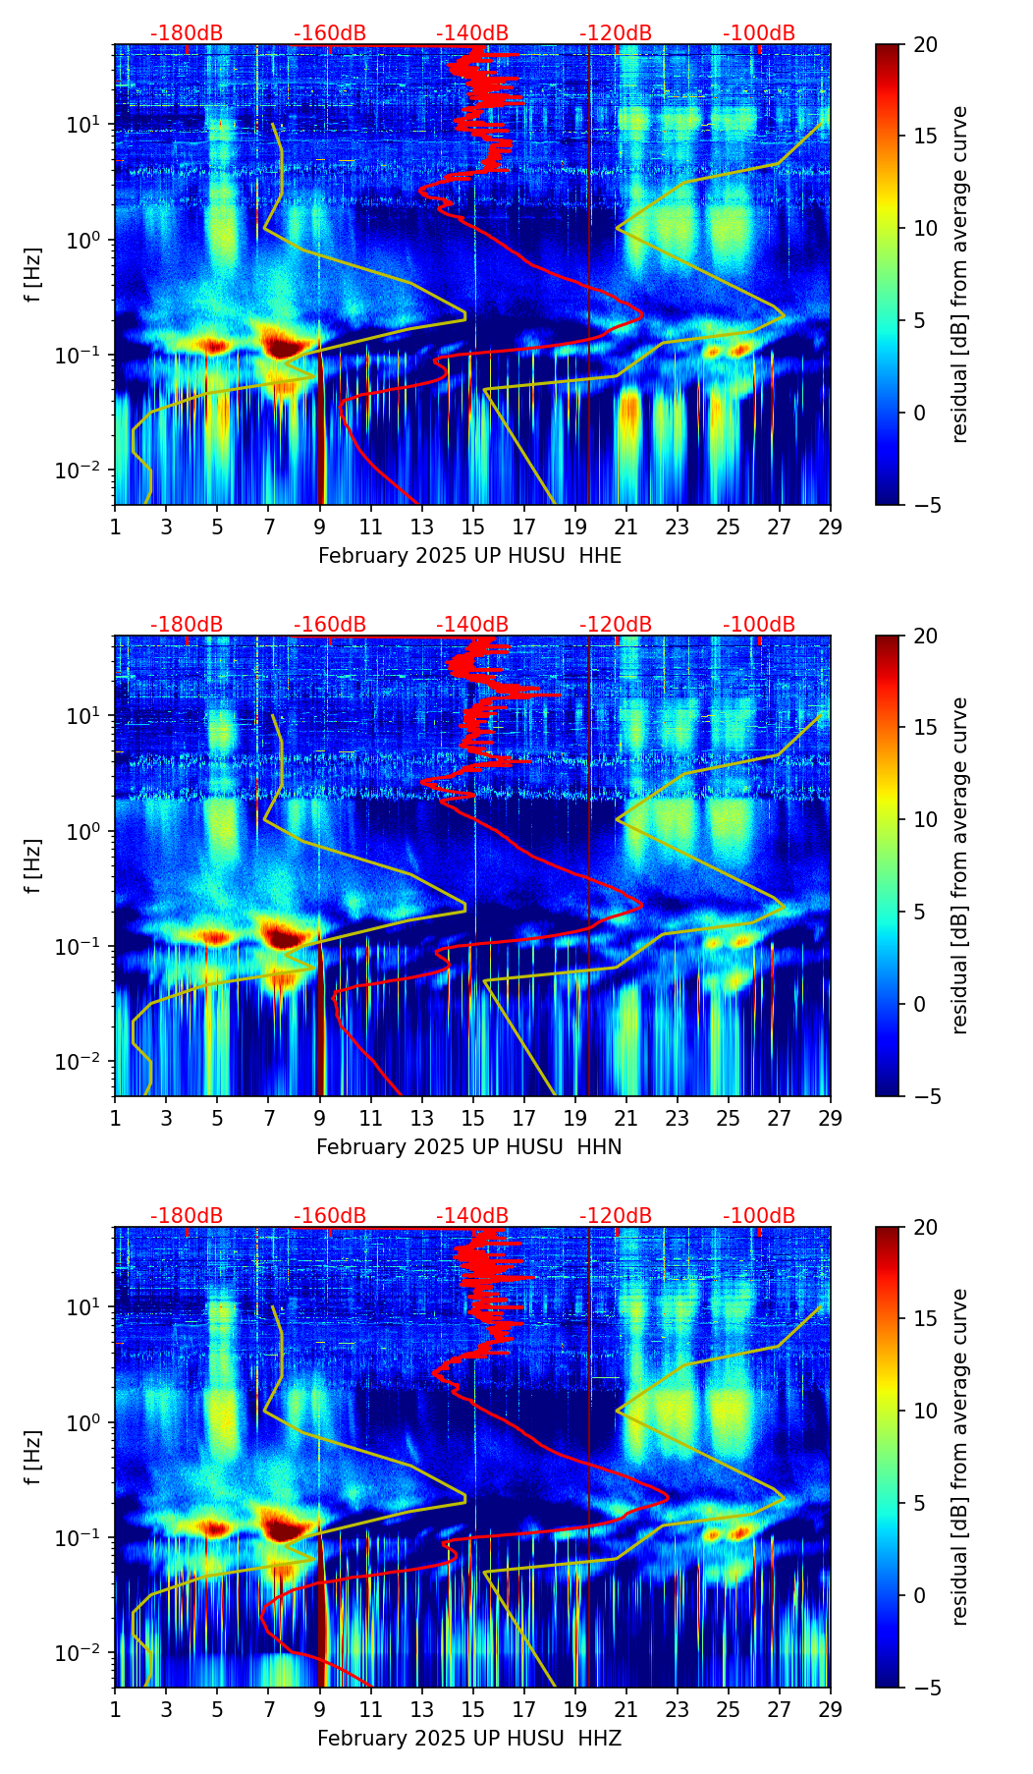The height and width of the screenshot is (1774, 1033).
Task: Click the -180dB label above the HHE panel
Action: [187, 33]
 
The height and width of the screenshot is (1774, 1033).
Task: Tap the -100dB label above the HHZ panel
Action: [759, 1216]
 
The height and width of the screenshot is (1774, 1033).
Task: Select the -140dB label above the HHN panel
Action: [472, 625]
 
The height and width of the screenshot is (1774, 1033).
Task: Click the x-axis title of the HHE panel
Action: [469, 556]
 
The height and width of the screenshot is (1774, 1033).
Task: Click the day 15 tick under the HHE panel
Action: [473, 527]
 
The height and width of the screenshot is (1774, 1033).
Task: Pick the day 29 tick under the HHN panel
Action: [831, 1118]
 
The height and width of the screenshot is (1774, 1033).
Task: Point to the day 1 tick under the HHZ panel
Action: [116, 1709]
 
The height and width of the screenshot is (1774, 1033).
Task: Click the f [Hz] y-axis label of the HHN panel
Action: [33, 865]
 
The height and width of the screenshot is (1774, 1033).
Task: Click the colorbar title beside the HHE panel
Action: [960, 274]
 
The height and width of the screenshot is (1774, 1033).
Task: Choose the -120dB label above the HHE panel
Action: [616, 33]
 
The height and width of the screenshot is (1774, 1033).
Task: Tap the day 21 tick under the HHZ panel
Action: [626, 1709]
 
